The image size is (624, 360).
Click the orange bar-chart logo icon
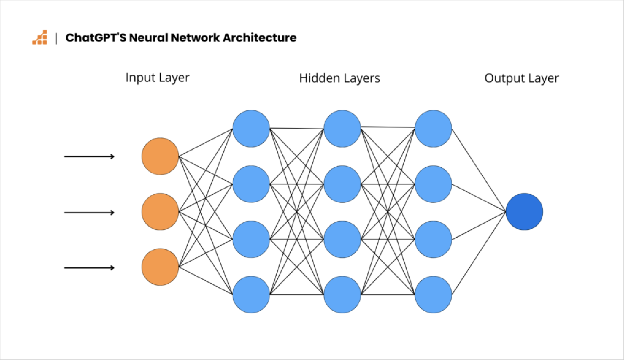(40, 38)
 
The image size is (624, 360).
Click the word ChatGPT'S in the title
(95, 38)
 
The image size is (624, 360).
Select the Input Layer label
(157, 78)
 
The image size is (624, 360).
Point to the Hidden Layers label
(340, 78)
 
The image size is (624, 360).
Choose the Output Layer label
(521, 78)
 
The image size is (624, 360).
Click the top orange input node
(160, 156)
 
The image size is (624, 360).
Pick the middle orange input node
(160, 212)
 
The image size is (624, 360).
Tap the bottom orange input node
(160, 267)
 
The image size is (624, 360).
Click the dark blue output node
(524, 212)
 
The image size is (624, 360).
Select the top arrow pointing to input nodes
(89, 156)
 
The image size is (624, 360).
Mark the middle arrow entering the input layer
(89, 212)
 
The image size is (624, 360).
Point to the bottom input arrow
(89, 268)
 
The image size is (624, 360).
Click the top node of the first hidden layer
(251, 129)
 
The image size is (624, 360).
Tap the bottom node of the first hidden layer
(251, 295)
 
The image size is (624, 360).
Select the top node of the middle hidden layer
(342, 129)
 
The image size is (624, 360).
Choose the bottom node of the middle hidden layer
(342, 295)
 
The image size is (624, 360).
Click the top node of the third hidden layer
(433, 129)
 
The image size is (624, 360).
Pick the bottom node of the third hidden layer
(433, 295)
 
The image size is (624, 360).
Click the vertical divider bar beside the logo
(56, 38)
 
